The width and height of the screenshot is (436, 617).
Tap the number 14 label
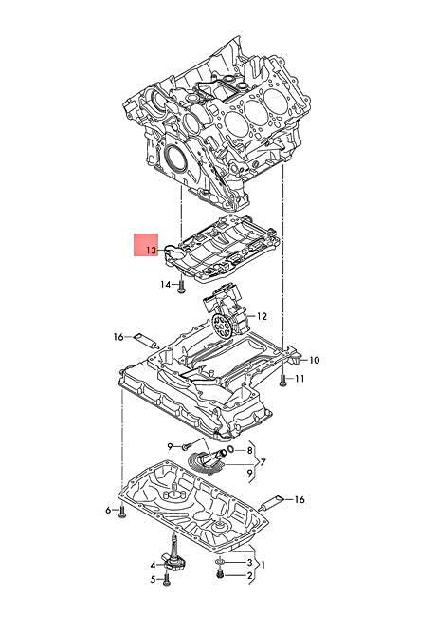click(165, 285)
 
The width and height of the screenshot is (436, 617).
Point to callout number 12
click(263, 316)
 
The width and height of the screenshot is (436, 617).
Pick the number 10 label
click(315, 361)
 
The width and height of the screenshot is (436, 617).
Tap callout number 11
click(299, 380)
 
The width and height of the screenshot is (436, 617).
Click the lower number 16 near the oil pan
click(300, 499)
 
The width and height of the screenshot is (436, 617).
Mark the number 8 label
click(249, 450)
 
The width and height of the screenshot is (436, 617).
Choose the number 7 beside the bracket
click(262, 462)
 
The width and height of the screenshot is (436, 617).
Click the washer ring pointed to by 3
click(221, 563)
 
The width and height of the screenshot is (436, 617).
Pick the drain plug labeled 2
click(221, 575)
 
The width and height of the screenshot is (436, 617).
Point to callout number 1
click(263, 567)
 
